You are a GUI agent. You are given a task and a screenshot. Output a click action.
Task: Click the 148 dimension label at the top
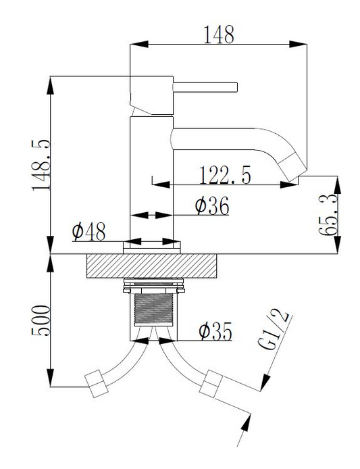click(x=219, y=34)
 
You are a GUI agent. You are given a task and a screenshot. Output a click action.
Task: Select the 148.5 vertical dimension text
click(x=41, y=165)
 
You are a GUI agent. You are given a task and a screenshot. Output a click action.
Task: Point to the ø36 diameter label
click(x=212, y=205)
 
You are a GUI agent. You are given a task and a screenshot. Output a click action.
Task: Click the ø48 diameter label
click(x=88, y=232)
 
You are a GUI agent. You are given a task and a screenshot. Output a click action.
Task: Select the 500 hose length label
click(x=41, y=320)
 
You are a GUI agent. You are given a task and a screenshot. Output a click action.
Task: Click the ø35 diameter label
click(x=215, y=331)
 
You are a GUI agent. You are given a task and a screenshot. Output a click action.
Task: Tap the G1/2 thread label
click(x=274, y=330)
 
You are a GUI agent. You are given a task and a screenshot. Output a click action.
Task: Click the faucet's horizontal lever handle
click(x=205, y=87)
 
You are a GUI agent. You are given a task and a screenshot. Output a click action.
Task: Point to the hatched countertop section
click(x=151, y=266)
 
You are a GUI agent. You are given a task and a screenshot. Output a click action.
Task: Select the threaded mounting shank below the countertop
click(x=154, y=310)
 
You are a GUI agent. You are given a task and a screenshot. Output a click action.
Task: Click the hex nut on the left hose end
click(x=97, y=384)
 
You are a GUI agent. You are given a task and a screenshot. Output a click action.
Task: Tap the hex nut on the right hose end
click(x=211, y=384)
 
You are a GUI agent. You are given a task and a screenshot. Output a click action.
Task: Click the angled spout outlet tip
click(x=293, y=168)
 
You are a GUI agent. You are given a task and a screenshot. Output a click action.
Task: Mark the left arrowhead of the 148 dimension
click(x=139, y=45)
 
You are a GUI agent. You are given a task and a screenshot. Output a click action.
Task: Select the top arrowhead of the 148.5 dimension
click(x=51, y=86)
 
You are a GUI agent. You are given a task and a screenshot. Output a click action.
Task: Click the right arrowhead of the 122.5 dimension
click(x=288, y=185)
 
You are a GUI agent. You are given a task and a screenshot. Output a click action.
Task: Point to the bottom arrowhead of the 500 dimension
click(x=51, y=378)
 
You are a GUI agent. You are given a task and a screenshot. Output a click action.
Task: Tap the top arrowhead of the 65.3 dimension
click(x=338, y=185)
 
